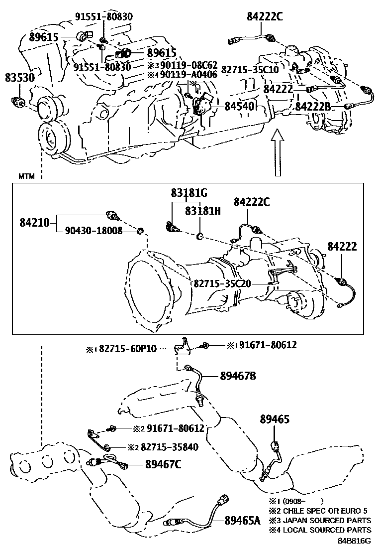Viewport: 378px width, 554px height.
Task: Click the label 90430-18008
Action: click(94, 231)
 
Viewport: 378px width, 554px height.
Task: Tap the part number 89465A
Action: click(243, 521)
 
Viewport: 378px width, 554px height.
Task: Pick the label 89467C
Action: click(163, 464)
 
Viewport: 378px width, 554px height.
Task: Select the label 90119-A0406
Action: click(184, 75)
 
